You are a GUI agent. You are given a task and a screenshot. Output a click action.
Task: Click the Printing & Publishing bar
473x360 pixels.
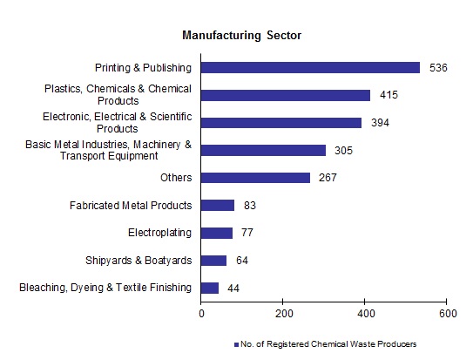click(310, 67)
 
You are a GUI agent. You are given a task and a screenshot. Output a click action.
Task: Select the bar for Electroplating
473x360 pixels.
click(217, 233)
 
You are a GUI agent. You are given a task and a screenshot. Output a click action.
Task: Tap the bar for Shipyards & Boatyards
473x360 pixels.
click(214, 260)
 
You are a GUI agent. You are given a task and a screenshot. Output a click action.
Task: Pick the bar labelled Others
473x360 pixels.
click(256, 178)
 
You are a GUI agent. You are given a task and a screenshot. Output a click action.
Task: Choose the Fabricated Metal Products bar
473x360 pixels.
click(219, 206)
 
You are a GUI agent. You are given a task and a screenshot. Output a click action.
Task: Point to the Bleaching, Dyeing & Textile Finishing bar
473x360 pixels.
click(210, 288)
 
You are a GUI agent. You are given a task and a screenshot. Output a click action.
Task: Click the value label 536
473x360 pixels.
click(438, 67)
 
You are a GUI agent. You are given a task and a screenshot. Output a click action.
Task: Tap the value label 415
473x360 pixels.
click(389, 95)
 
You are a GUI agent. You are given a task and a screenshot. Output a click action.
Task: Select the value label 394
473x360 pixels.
click(380, 123)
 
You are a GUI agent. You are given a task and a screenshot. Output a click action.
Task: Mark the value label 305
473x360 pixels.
click(343, 151)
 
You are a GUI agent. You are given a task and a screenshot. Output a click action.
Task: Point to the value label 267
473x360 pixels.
click(328, 178)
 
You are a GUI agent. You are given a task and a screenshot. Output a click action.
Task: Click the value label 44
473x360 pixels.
click(233, 288)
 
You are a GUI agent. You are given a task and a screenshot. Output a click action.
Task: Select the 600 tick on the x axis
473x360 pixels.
click(447, 313)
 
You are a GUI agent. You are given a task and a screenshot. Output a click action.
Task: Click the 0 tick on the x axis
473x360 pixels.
click(202, 313)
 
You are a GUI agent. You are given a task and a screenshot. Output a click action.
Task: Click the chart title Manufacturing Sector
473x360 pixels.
click(241, 36)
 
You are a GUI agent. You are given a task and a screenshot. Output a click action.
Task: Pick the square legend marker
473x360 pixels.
click(235, 345)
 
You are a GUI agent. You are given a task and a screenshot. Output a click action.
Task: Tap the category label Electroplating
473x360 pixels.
click(160, 233)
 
